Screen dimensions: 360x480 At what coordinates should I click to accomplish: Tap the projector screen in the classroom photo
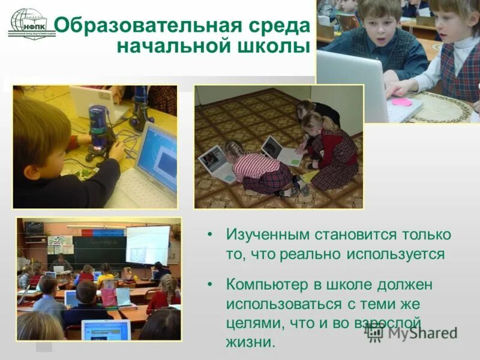coord(148,244)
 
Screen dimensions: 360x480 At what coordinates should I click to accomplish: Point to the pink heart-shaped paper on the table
coord(401,101)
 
